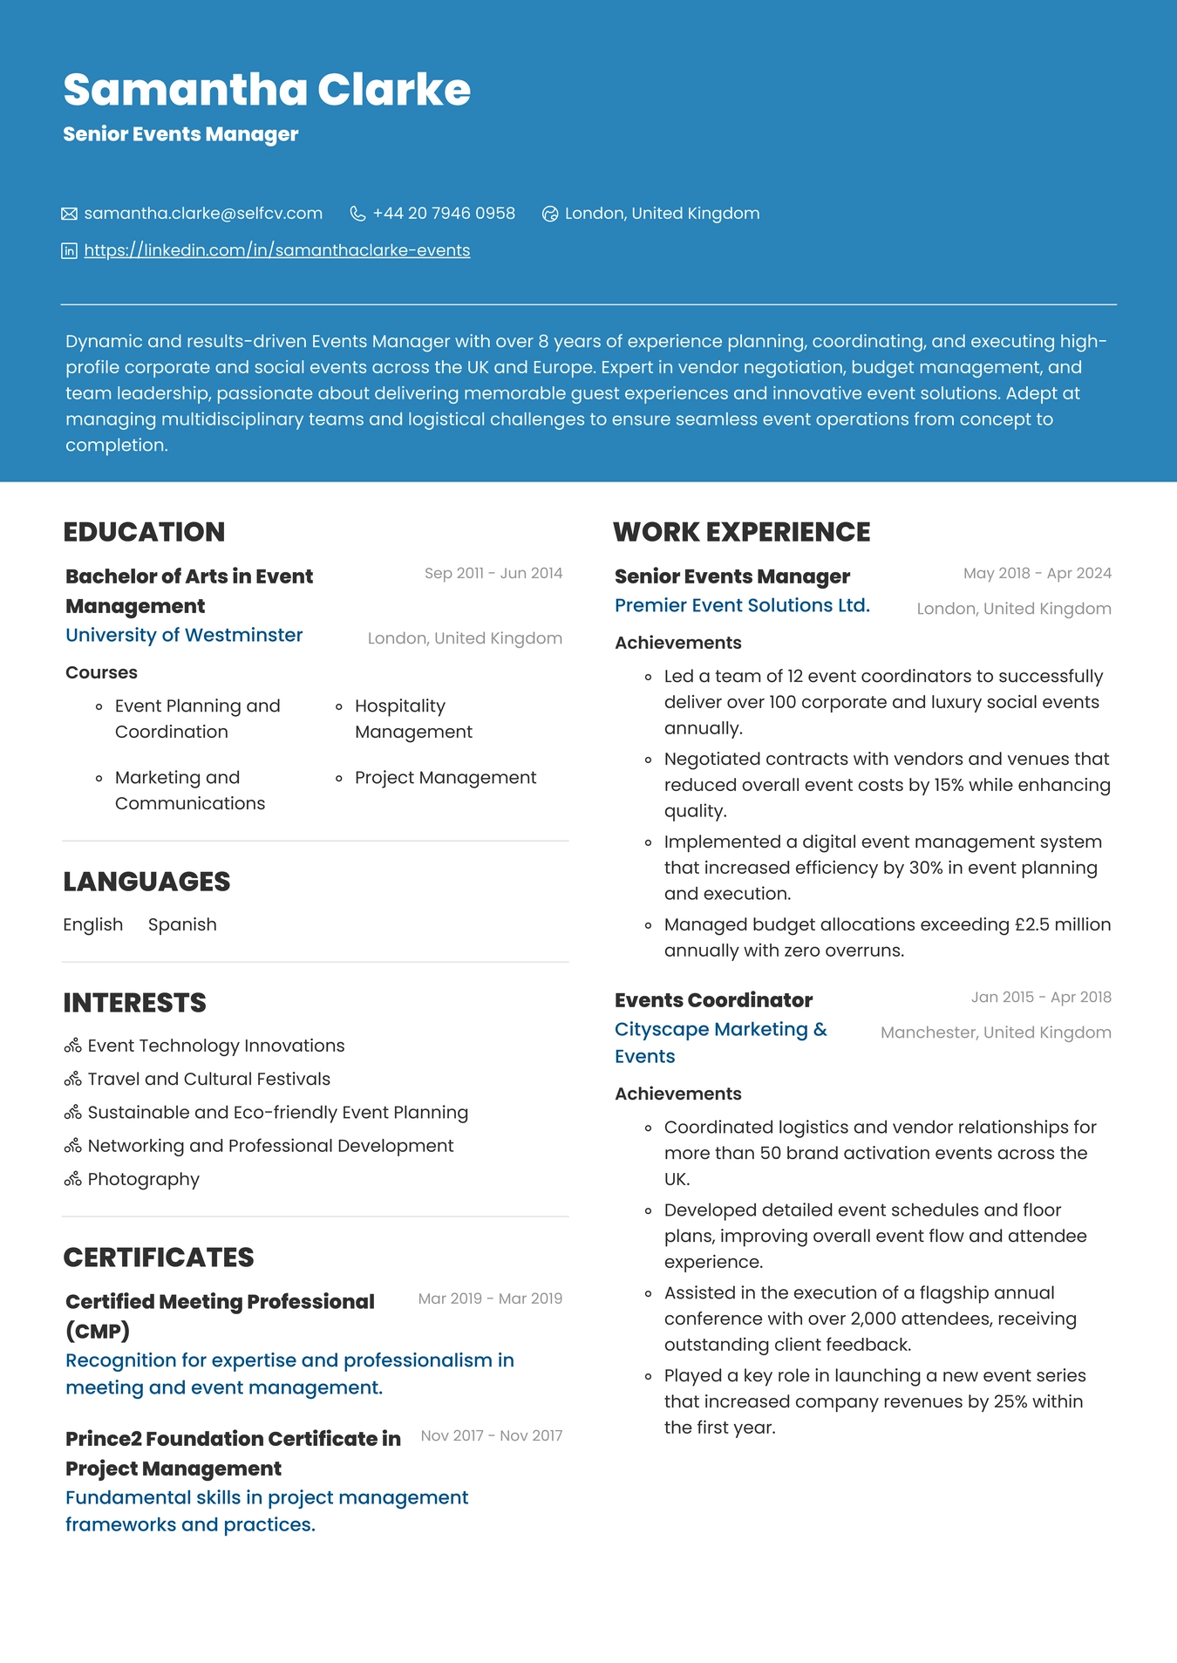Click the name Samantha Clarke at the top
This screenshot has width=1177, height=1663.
(x=267, y=90)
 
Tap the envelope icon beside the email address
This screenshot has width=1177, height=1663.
(x=70, y=214)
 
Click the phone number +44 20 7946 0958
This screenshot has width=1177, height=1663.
(x=443, y=214)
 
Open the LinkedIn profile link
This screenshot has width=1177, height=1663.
(x=276, y=251)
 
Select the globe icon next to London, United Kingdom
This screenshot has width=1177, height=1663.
(x=550, y=214)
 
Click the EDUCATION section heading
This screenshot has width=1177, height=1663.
(x=144, y=532)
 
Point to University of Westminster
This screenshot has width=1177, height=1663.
(x=184, y=635)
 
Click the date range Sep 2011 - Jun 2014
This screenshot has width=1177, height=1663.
(x=493, y=573)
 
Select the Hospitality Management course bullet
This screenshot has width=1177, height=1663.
(x=412, y=719)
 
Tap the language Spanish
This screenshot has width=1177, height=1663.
(x=182, y=924)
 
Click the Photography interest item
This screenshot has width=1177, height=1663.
(x=143, y=1179)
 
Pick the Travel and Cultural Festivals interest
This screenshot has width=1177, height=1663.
(x=208, y=1079)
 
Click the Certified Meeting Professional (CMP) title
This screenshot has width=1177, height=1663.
(x=220, y=1315)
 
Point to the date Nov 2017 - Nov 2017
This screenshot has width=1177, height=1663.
(x=491, y=1435)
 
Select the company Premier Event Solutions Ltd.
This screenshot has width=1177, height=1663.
(x=742, y=605)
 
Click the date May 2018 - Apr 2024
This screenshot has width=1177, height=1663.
(x=1037, y=573)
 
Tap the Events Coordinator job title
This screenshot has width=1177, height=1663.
(x=713, y=1000)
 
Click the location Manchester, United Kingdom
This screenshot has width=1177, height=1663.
(x=995, y=1033)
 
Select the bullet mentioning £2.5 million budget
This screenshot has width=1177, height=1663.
(x=887, y=937)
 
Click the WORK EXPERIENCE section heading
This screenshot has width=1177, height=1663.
(x=741, y=532)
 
